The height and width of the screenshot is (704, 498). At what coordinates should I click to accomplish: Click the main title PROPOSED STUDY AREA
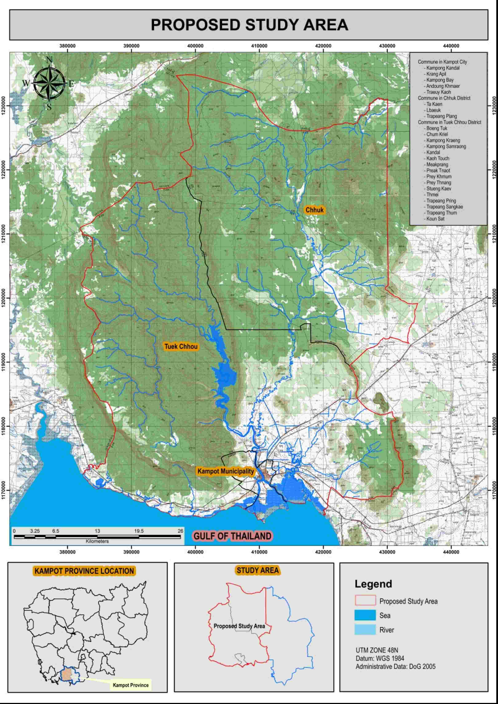249,25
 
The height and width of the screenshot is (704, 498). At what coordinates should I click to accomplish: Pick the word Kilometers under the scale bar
97,541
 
